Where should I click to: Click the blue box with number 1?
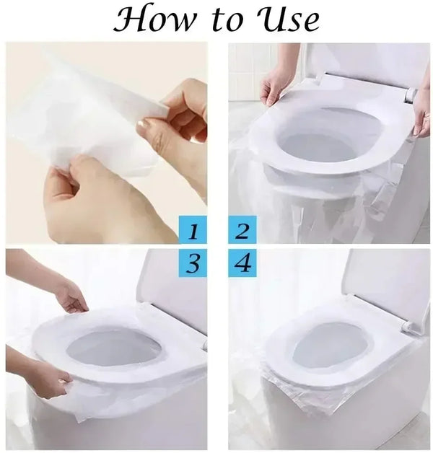193,231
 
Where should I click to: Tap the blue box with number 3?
193,264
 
